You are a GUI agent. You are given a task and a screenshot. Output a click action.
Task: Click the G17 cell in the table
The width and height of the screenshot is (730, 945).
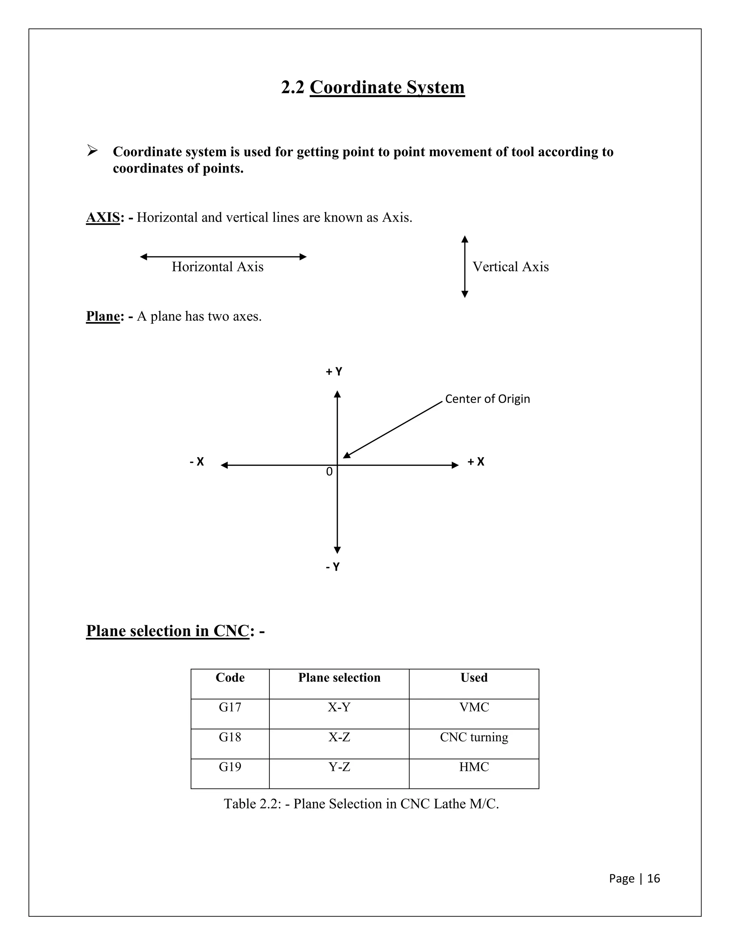tap(230, 707)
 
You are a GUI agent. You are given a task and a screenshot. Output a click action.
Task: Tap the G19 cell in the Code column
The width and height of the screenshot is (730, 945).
tap(230, 767)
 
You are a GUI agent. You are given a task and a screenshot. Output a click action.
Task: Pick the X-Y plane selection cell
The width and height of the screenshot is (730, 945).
tap(339, 707)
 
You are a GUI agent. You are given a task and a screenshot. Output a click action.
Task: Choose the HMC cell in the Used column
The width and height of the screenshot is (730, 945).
tap(474, 767)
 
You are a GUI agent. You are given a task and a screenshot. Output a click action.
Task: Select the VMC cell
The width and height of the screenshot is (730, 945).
tap(474, 707)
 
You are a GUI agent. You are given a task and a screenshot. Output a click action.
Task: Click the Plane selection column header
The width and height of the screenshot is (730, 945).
tap(339, 677)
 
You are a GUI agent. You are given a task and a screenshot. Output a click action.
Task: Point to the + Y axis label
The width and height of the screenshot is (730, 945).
tap(334, 372)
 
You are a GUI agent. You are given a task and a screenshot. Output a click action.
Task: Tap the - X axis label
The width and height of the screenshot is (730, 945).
tap(197, 462)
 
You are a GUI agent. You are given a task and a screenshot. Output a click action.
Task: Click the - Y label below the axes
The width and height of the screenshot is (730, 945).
tap(333, 567)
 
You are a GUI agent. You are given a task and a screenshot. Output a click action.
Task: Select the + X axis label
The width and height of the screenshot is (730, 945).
tap(476, 462)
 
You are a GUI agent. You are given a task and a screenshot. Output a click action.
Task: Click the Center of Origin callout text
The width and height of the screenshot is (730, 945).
tap(487, 399)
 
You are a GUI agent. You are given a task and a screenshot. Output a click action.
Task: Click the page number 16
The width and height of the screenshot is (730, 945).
tap(653, 878)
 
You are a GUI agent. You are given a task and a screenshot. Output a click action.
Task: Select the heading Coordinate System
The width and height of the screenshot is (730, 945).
tap(387, 87)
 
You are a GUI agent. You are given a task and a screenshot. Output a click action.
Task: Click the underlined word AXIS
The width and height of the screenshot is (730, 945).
tap(103, 217)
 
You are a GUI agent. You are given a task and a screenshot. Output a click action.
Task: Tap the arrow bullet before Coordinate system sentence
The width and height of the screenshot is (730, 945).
tap(92, 151)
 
